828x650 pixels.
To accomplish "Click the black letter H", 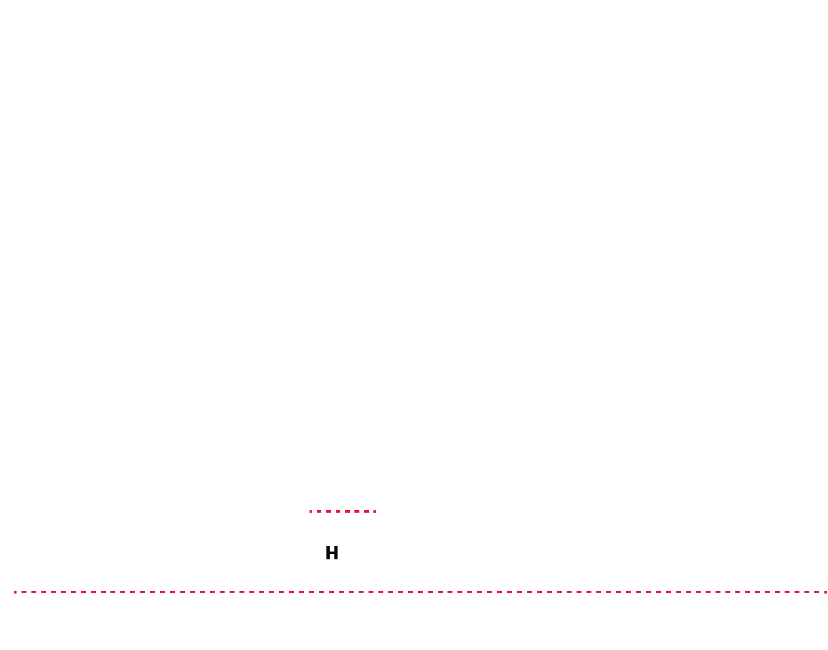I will point(332,553).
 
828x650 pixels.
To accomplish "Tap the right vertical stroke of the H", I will point(336,553).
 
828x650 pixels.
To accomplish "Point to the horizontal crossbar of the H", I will point(332,552).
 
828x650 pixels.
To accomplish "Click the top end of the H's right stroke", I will point(336,547).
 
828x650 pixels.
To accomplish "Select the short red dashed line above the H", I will point(343,511).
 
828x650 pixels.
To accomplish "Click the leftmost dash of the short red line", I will point(311,511).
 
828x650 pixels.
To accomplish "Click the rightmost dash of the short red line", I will point(374,511).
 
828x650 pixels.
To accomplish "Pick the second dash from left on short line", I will point(319,511).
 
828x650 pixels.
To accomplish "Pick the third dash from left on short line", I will point(329,511).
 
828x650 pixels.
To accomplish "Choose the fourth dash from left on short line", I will point(338,511).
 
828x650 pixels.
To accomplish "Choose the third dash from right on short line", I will point(357,511).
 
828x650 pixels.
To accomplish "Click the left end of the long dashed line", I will point(15,592).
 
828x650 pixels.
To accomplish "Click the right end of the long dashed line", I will point(826,592).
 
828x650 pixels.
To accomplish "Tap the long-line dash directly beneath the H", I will point(331,592).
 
